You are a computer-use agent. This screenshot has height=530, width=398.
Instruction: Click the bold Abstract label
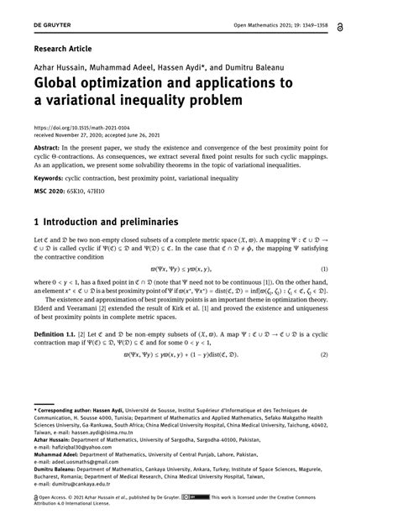(48, 145)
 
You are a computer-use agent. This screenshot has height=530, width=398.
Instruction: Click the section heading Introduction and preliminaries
(113, 223)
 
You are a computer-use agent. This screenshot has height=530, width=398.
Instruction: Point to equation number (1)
(369, 268)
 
